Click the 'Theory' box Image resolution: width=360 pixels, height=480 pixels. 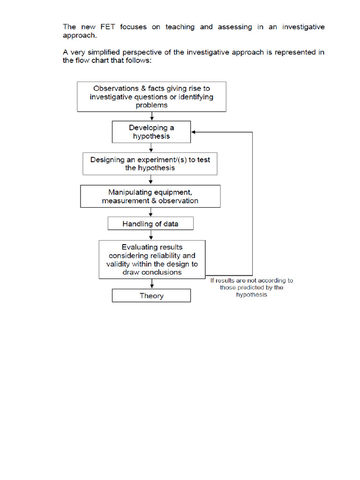click(151, 296)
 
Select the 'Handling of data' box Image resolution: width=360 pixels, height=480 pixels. click(150, 224)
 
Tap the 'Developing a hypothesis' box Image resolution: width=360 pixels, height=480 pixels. click(151, 132)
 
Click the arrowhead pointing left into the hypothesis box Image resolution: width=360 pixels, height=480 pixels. click(194, 132)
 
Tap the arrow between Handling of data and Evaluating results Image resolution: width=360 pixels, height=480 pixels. click(151, 235)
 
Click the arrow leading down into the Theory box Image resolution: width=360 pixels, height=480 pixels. click(151, 284)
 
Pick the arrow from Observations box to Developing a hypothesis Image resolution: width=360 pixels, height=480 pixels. click(151, 116)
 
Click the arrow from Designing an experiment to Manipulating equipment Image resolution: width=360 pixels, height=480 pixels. click(151, 180)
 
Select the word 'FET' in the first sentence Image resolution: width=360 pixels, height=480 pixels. click(108, 27)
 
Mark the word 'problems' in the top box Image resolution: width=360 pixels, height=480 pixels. click(151, 105)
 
